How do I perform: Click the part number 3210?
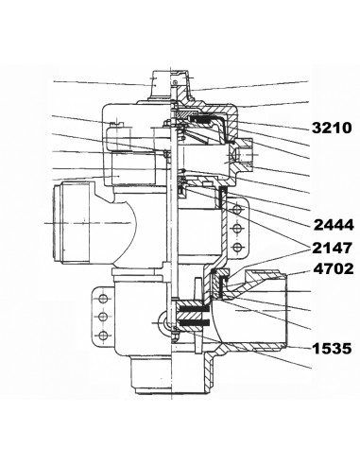[332, 128]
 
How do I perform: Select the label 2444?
[334, 225]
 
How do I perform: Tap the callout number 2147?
[332, 249]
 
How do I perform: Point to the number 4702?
[334, 269]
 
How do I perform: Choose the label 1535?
[332, 349]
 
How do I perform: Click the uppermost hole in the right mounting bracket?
[237, 209]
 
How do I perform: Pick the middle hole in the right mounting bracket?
[237, 228]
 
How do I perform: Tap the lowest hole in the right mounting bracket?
[237, 247]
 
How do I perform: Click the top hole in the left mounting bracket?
[103, 299]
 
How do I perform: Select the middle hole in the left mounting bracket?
[103, 317]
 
